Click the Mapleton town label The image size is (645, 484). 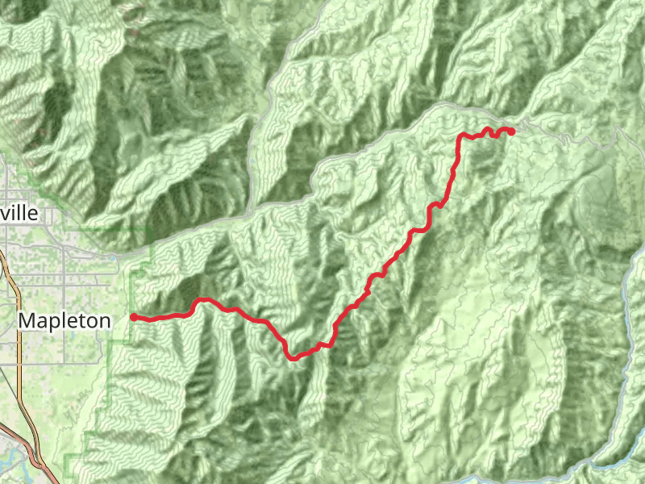point(64,320)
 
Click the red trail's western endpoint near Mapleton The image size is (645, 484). point(133,317)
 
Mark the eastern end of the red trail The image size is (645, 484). point(512,131)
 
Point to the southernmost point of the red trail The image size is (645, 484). point(295,357)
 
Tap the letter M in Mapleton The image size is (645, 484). point(26,320)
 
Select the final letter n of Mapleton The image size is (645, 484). point(105,320)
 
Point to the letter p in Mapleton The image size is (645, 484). point(52,322)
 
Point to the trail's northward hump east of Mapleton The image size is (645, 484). point(204,300)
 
